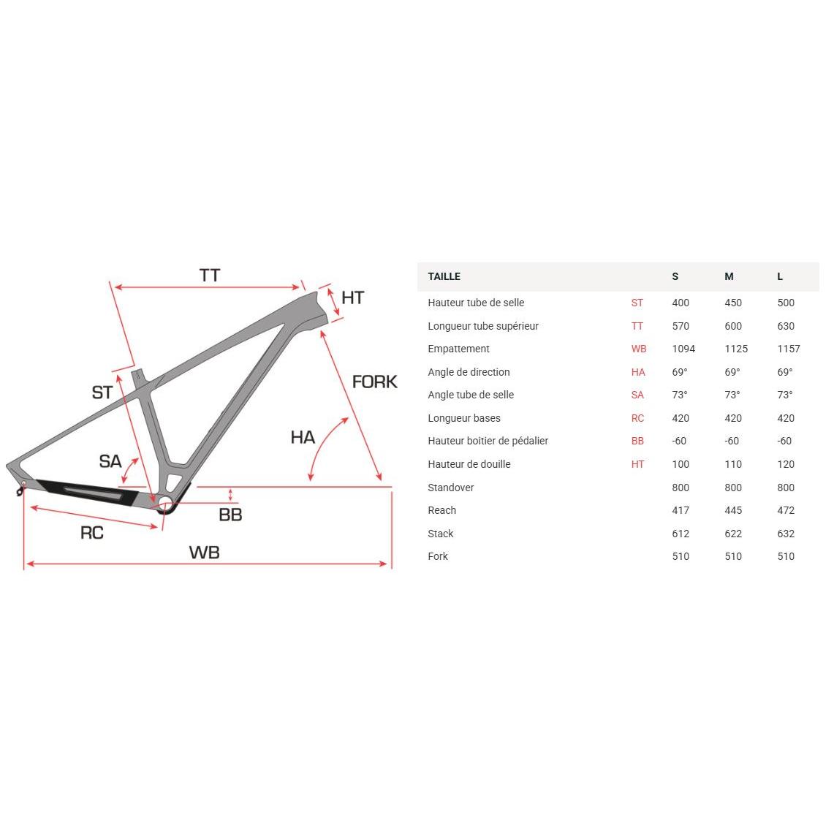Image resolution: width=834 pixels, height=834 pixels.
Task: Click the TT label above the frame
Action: coord(210,276)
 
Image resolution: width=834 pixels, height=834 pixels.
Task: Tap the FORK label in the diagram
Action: coord(374,382)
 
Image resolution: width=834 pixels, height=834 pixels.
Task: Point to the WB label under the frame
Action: coord(204,553)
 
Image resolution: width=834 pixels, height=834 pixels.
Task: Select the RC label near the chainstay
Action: coord(92,533)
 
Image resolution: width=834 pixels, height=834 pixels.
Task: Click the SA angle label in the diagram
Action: coord(110,461)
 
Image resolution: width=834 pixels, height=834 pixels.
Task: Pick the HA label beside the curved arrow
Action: coord(303,438)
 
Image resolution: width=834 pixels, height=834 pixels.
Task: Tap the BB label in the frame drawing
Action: coord(230,515)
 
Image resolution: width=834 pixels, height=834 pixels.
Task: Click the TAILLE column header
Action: coord(444,276)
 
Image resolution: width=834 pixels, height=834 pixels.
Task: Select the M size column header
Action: coord(729,276)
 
